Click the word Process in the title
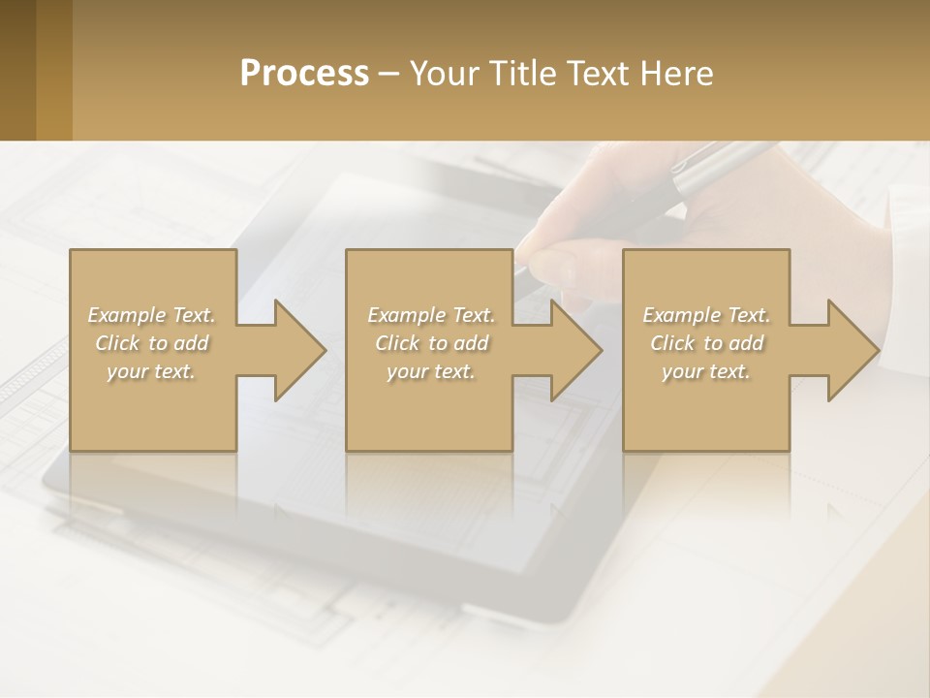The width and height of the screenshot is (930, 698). click(x=304, y=73)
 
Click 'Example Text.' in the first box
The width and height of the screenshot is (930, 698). click(x=151, y=315)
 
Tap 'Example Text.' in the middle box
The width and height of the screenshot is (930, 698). click(x=430, y=315)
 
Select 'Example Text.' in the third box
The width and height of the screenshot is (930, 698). click(x=706, y=315)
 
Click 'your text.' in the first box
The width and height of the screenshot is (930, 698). click(x=151, y=371)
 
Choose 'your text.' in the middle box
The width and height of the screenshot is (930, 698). click(x=430, y=371)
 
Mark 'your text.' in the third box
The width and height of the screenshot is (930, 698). click(x=706, y=371)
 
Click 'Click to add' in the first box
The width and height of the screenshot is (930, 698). click(x=151, y=343)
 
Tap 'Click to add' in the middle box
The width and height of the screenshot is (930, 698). click(x=430, y=343)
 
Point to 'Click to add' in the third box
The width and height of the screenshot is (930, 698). click(x=706, y=343)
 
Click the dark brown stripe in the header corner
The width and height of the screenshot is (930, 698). click(x=17, y=70)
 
